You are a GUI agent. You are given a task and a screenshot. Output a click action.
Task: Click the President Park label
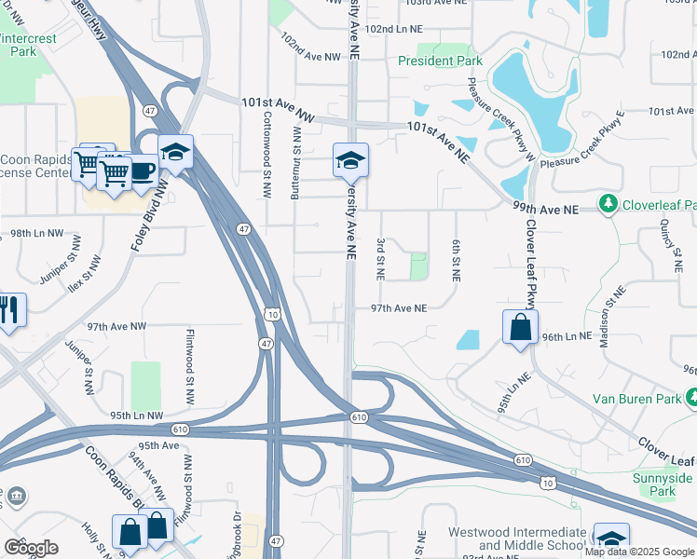click(440, 61)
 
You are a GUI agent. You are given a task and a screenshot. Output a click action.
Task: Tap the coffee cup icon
click(142, 170)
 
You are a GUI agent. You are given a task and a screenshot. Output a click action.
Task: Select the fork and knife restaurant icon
click(7, 309)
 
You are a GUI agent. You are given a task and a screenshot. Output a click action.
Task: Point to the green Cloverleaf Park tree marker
click(608, 202)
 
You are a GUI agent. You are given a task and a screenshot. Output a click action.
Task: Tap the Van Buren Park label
click(638, 399)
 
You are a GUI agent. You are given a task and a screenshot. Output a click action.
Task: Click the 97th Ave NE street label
click(398, 307)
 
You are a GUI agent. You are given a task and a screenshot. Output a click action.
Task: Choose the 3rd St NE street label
click(380, 259)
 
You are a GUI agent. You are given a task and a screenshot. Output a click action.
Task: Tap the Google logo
click(31, 547)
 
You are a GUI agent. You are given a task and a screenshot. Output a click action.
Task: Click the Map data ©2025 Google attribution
click(640, 552)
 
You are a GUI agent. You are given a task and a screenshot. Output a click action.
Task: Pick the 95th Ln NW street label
click(136, 416)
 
